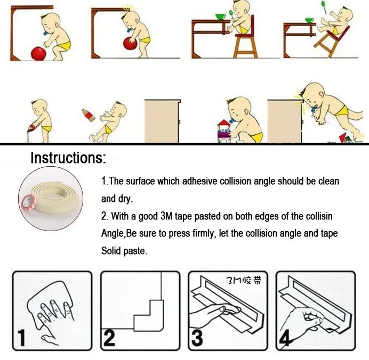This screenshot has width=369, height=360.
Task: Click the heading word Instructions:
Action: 68,158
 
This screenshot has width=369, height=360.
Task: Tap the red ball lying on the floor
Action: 38,54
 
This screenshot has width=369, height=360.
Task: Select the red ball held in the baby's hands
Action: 130,43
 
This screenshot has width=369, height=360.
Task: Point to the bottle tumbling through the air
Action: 87,115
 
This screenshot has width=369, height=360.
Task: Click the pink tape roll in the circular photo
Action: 29,202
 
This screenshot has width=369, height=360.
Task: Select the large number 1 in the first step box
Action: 21,338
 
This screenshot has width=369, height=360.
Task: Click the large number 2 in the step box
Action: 109,338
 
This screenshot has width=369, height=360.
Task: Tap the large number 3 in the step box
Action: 197,338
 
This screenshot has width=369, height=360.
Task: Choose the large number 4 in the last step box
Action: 285,338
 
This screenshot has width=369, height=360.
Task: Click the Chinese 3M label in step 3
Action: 244,280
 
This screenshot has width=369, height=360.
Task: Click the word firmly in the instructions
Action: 204,234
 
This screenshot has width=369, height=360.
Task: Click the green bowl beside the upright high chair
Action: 221,17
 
